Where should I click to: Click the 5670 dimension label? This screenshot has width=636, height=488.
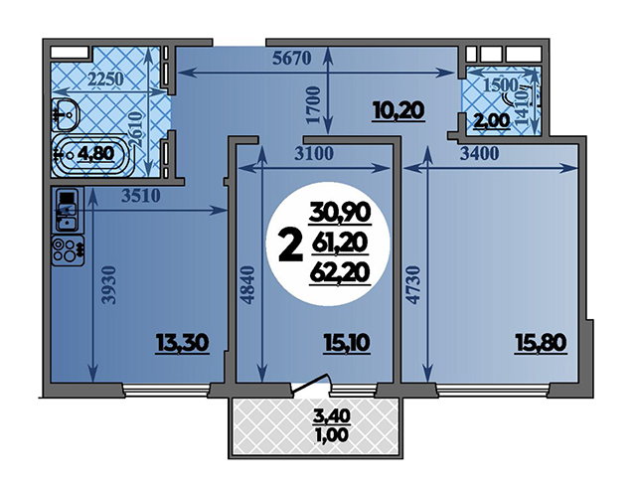291,59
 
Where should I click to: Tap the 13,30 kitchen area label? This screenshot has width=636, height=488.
183,343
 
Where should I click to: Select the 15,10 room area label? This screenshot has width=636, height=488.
347,343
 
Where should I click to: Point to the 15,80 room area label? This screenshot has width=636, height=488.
541,343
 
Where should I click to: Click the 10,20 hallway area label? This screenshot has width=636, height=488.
398,110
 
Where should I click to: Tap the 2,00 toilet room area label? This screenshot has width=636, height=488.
493,120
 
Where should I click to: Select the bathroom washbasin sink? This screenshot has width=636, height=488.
66,115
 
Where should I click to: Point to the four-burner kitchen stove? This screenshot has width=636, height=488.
69,250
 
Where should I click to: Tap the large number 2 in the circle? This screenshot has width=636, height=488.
291,244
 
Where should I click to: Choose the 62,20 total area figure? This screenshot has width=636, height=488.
340,272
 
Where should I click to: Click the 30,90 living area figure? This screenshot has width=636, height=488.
340,212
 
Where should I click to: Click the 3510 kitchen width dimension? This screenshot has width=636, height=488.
141,197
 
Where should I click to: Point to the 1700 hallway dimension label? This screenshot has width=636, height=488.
313,104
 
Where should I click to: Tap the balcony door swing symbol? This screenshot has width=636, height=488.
310,384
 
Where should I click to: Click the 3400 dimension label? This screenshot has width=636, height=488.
479,154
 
